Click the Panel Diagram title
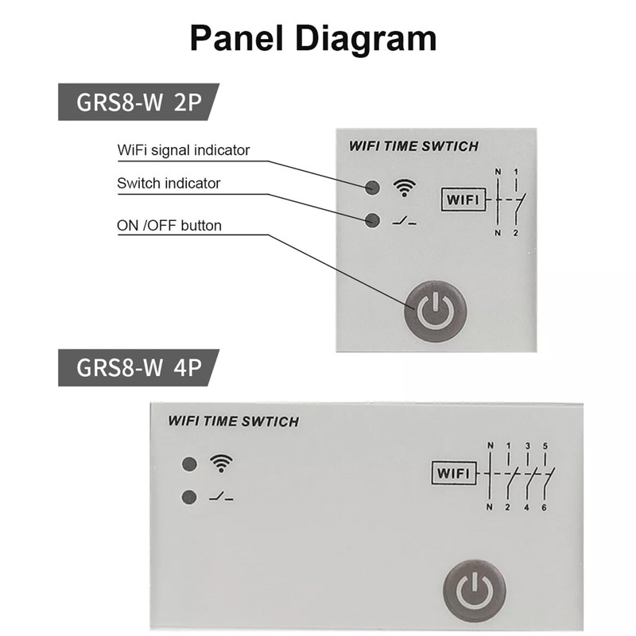coord(312,37)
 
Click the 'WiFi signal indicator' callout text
coord(183,149)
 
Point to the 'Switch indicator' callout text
coord(168,184)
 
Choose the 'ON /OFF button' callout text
coord(169,226)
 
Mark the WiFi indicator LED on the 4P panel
coord(189,464)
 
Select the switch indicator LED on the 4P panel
coord(189,498)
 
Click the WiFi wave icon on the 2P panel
coord(405,188)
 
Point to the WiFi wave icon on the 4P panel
coord(221,463)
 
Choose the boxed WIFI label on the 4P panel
coord(454,475)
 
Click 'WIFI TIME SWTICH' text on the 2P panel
coord(413,146)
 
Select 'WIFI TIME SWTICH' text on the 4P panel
coord(233,421)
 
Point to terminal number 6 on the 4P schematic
coord(545,508)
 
